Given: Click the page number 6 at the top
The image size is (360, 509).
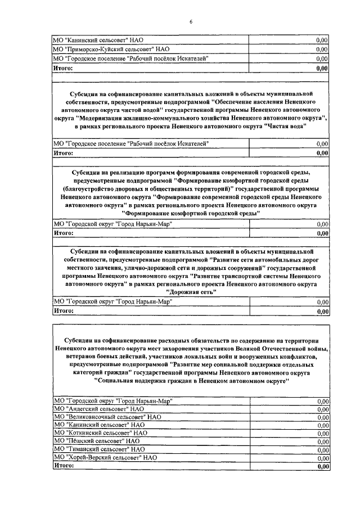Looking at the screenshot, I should coord(191,21).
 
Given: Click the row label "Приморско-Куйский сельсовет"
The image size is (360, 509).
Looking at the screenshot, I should coord(107,49).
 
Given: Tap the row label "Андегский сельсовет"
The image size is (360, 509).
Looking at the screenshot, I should coord(98,409).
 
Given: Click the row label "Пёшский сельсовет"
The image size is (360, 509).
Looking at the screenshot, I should coord(96,442).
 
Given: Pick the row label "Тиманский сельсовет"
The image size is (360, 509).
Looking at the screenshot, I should coord(98,449).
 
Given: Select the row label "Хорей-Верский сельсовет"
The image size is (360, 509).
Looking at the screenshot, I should coord(105,458).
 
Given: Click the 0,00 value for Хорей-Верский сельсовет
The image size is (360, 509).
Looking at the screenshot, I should coord(322,458).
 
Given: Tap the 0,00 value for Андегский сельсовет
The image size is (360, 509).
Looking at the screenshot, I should coord(322,409).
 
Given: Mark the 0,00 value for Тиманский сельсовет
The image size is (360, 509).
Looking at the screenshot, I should coord(322,450).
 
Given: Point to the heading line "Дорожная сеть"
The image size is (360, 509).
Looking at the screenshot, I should coord(191,292).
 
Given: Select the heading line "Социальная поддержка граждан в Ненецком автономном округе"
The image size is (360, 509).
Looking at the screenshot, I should coord(191,381).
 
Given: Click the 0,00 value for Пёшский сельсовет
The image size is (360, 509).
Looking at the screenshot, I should coord(322,442).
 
